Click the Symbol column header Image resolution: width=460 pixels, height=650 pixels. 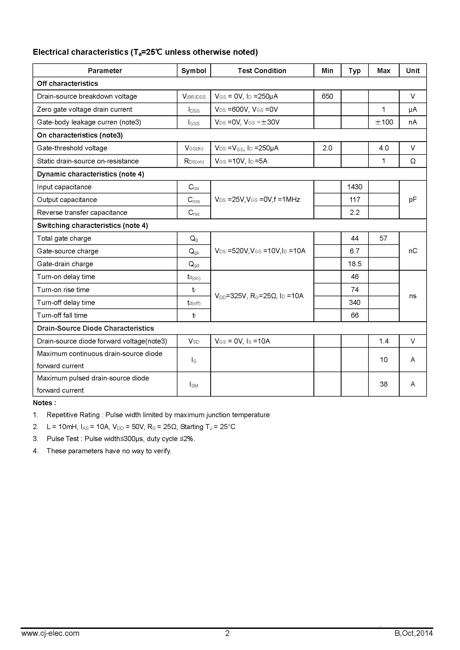(x=194, y=71)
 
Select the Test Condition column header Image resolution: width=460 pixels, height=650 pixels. (x=262, y=71)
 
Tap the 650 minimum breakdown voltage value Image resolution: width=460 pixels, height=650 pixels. (x=327, y=96)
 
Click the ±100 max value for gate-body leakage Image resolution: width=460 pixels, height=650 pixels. (x=384, y=122)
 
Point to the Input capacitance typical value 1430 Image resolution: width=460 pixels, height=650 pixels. (x=355, y=187)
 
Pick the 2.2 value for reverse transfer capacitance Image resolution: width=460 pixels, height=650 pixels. (x=355, y=212)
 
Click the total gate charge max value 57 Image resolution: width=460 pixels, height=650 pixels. (x=383, y=238)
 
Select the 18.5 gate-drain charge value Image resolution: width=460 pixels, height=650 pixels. (x=355, y=264)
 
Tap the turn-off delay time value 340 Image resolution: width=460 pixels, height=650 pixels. (x=355, y=302)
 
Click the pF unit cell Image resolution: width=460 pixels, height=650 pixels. (x=413, y=200)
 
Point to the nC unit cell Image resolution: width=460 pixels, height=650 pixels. (x=413, y=251)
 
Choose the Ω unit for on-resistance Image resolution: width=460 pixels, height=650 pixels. (x=413, y=161)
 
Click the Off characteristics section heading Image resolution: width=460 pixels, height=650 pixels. (x=67, y=84)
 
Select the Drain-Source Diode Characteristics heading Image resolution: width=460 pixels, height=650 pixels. (x=95, y=328)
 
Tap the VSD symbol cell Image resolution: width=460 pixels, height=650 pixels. (x=194, y=341)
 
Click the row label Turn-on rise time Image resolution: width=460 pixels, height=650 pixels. (x=63, y=290)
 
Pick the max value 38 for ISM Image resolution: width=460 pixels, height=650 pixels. (x=384, y=384)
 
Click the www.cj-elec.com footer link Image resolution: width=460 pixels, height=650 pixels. (x=50, y=633)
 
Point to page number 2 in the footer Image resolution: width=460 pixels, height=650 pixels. (x=227, y=633)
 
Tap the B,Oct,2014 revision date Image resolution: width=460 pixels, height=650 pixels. (x=414, y=633)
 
